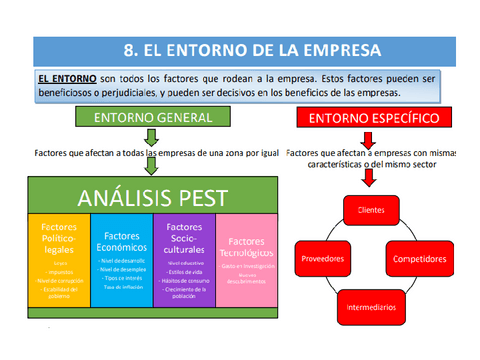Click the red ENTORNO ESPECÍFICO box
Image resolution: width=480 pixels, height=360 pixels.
[369, 118]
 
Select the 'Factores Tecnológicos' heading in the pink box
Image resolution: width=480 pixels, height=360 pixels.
[246, 247]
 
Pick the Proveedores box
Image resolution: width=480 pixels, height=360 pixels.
[322, 258]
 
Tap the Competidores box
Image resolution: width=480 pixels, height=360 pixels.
[419, 258]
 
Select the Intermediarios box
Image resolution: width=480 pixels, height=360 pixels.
[370, 307]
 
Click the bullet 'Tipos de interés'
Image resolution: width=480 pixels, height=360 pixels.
[123, 277]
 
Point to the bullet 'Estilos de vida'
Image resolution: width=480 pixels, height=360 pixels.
[186, 269]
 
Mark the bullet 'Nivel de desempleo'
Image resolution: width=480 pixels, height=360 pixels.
[122, 268]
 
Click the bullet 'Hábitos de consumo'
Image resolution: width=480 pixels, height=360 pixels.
[186, 278]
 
